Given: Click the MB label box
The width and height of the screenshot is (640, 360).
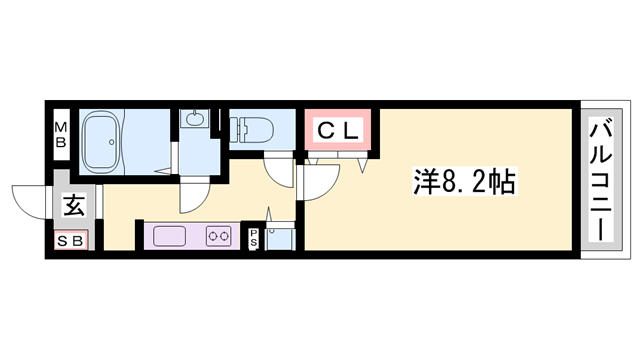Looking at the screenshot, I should pos(60,134).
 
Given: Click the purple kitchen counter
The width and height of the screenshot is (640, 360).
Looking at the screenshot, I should pos(194,237).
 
